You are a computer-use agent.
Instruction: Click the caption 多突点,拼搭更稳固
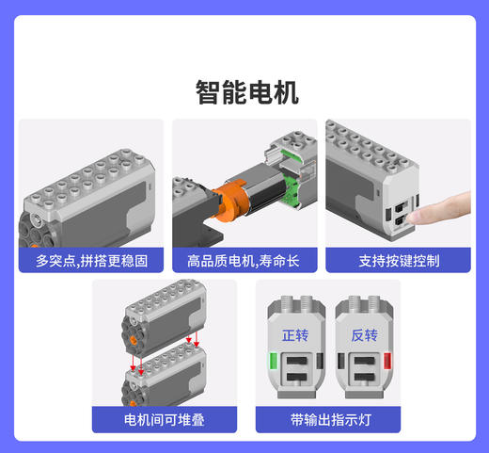(91, 260)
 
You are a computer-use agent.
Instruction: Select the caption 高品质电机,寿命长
(244, 260)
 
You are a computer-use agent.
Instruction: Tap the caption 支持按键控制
(398, 260)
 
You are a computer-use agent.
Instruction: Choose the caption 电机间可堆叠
(166, 419)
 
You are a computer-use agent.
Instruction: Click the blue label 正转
(295, 334)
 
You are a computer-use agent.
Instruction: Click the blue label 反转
(364, 334)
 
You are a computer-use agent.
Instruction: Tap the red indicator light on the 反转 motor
(386, 360)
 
